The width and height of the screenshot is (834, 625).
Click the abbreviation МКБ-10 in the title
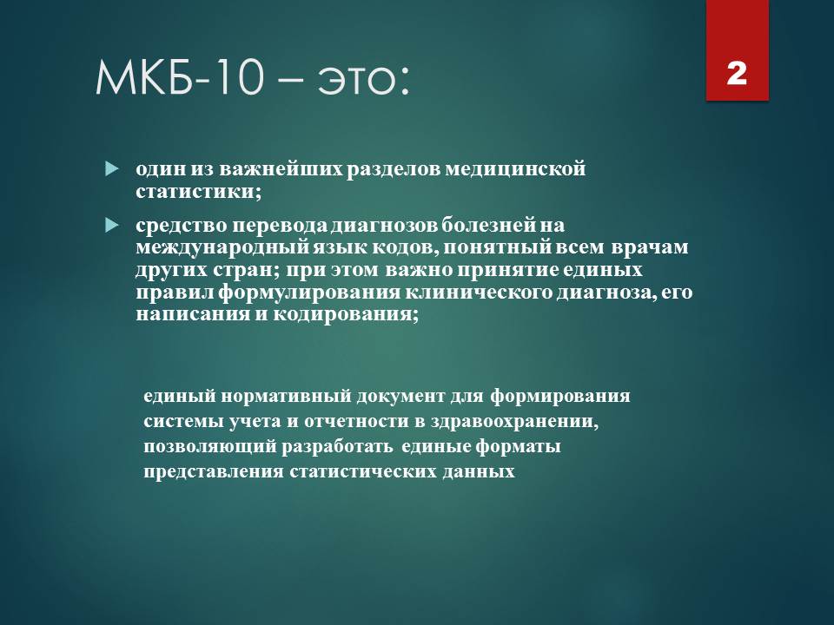180,78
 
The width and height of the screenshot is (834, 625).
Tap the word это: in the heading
363,81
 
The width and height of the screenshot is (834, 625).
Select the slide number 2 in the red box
737,73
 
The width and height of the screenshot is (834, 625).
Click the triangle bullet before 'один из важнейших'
112,169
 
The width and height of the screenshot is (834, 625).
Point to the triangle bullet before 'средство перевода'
112,226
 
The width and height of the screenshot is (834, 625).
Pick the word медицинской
514,169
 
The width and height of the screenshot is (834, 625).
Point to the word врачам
650,247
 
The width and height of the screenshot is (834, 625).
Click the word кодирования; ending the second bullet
346,314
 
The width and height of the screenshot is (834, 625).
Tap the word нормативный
286,397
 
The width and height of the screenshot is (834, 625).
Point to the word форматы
518,447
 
